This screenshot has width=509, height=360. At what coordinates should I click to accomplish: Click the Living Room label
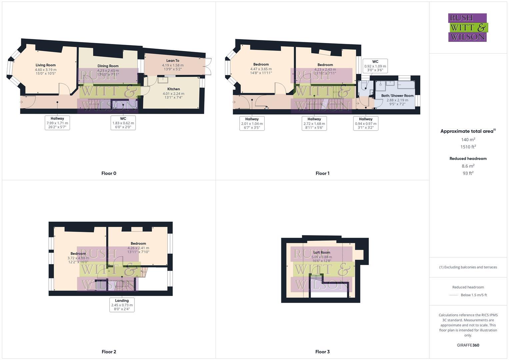(46, 65)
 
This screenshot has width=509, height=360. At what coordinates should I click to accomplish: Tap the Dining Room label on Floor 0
(108, 66)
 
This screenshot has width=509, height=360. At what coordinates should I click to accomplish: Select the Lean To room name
(173, 61)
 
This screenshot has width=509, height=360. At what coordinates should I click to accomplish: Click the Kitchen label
(173, 89)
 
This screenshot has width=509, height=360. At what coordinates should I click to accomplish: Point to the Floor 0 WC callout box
(123, 123)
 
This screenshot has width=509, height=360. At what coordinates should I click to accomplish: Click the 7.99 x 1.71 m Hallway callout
(57, 123)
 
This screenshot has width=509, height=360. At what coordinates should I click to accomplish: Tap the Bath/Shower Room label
(397, 96)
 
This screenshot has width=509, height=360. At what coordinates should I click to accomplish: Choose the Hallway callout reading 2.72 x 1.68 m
(314, 123)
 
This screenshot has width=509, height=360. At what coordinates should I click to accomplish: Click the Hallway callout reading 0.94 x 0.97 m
(366, 123)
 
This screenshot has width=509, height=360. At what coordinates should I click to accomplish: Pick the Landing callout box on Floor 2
(122, 305)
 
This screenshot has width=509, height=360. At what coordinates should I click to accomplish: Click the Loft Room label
(322, 253)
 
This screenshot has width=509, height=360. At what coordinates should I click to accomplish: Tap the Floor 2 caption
(109, 352)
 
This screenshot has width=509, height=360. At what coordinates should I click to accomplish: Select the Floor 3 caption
(322, 352)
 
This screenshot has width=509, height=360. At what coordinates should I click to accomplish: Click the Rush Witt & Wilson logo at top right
(467, 27)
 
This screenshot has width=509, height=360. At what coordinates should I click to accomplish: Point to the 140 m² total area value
(468, 140)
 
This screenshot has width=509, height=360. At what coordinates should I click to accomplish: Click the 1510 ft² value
(468, 147)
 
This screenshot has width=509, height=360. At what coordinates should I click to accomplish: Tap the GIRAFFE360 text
(468, 345)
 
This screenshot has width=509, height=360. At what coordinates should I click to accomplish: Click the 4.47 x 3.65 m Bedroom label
(261, 65)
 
